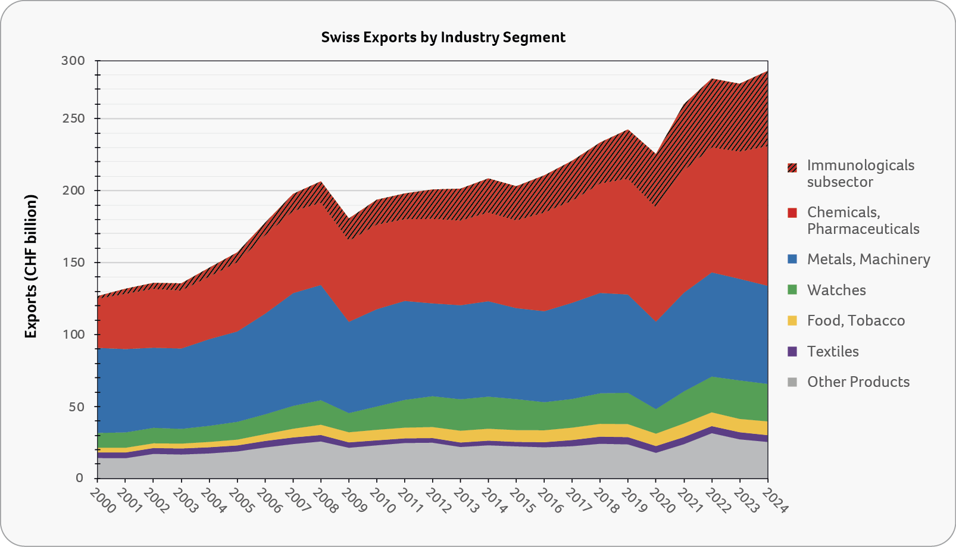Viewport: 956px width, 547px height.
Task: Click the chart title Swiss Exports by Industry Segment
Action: [x=443, y=37]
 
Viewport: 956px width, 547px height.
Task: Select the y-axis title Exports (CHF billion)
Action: [x=31, y=267]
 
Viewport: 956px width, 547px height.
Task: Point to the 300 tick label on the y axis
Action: [x=73, y=61]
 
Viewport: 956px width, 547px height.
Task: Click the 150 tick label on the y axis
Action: [x=73, y=262]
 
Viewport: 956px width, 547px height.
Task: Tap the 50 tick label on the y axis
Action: [x=77, y=407]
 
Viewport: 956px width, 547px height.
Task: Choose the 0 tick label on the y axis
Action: [x=80, y=479]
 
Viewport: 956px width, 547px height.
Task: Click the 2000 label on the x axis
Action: [x=102, y=501]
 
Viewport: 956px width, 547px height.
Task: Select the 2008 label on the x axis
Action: [x=326, y=501]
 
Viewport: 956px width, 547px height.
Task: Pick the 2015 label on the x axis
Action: [x=521, y=501]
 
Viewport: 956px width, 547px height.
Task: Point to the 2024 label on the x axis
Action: [x=773, y=501]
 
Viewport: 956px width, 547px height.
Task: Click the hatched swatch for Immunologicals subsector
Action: [x=792, y=168]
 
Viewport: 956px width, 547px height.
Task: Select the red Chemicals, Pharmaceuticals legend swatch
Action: [x=792, y=213]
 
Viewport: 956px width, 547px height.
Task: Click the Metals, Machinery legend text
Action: [x=868, y=260]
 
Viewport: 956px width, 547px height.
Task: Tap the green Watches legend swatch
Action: [x=792, y=290]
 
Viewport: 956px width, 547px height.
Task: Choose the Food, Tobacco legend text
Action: [x=856, y=321]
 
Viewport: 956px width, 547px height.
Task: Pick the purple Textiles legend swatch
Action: [x=792, y=352]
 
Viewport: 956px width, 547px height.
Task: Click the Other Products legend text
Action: [x=858, y=382]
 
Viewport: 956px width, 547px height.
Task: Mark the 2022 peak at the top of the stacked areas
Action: [x=712, y=79]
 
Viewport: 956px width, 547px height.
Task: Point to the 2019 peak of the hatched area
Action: [x=628, y=130]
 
